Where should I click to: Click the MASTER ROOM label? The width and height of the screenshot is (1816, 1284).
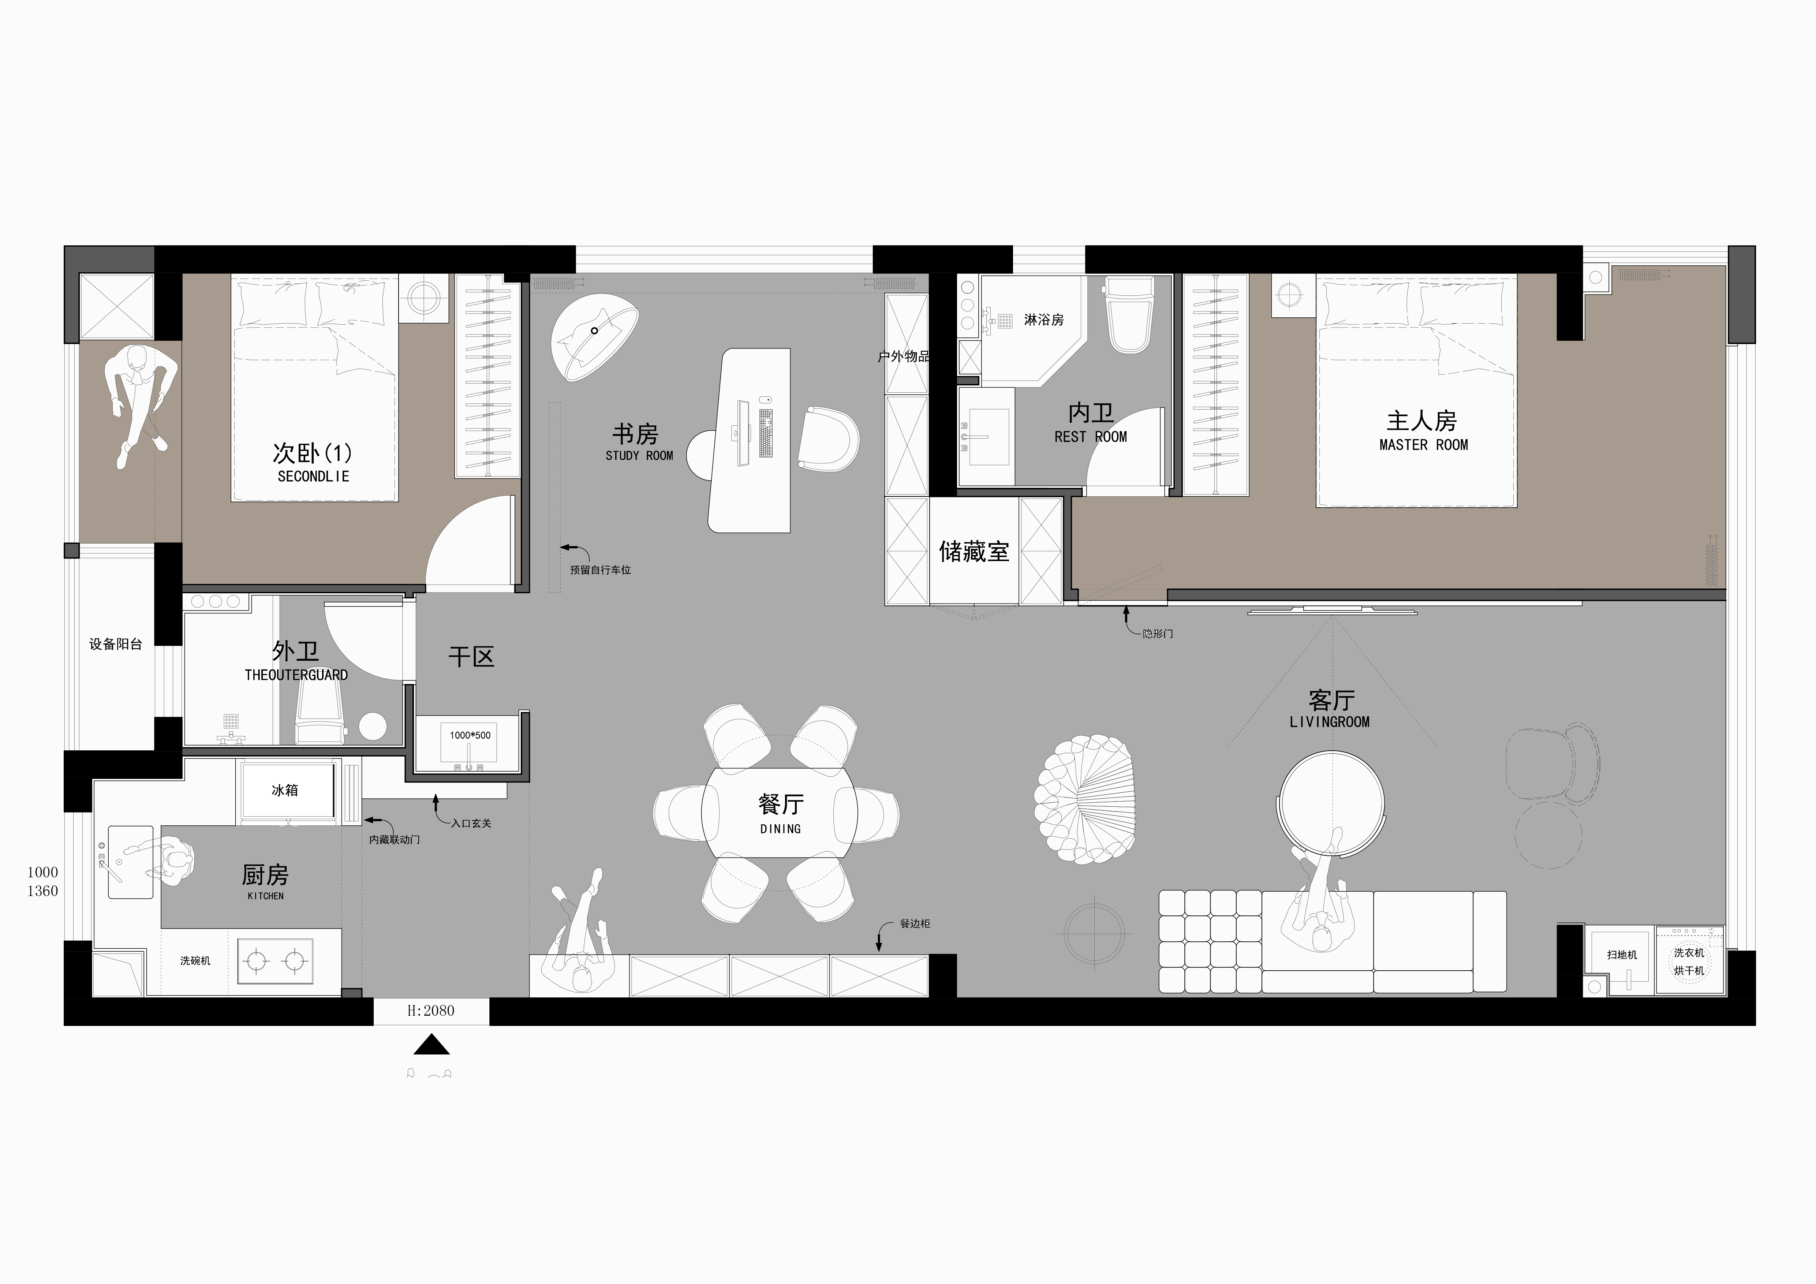(1423, 445)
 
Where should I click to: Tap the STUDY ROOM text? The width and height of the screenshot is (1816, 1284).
(639, 456)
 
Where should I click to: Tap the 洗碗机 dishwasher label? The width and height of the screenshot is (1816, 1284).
(195, 960)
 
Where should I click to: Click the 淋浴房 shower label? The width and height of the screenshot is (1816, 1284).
(1044, 320)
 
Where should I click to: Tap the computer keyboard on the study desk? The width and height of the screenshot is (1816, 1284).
(766, 433)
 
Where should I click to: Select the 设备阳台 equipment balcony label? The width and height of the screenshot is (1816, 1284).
(116, 644)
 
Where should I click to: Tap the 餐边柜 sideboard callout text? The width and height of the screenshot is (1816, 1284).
(915, 923)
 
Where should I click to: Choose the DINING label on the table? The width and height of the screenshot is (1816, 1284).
(781, 829)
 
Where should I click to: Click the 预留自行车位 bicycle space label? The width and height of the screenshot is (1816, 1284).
(600, 570)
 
